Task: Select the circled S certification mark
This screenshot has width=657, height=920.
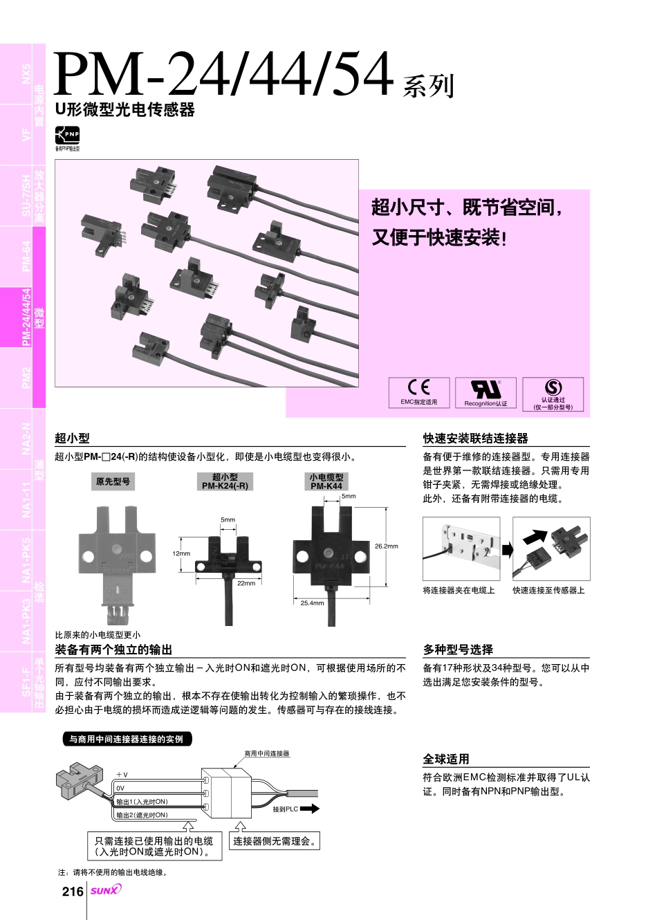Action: click(x=553, y=387)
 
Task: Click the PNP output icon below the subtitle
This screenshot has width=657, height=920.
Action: click(x=68, y=135)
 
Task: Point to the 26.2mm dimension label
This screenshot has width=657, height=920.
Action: click(x=386, y=546)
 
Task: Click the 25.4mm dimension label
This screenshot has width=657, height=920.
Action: click(x=312, y=603)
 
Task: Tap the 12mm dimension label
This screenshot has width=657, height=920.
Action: click(x=181, y=553)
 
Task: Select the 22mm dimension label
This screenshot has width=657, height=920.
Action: click(x=246, y=583)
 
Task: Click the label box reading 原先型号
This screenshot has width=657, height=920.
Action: click(x=113, y=481)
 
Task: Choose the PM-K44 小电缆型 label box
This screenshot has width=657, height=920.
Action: click(x=326, y=481)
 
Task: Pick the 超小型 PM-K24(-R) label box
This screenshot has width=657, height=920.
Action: click(x=225, y=481)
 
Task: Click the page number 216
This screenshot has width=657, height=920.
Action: click(x=73, y=891)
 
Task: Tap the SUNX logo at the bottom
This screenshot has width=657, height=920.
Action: click(x=105, y=890)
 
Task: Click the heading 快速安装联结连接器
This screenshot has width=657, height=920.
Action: click(x=475, y=439)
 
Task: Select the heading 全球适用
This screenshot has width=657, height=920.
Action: click(x=446, y=759)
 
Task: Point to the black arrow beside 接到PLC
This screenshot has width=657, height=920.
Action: click(x=310, y=808)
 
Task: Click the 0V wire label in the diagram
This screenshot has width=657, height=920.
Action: click(x=120, y=788)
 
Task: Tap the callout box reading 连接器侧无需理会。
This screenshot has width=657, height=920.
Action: click(x=275, y=841)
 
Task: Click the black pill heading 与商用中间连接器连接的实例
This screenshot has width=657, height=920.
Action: click(x=127, y=739)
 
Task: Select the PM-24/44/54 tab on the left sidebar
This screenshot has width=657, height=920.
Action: click(x=26, y=317)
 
